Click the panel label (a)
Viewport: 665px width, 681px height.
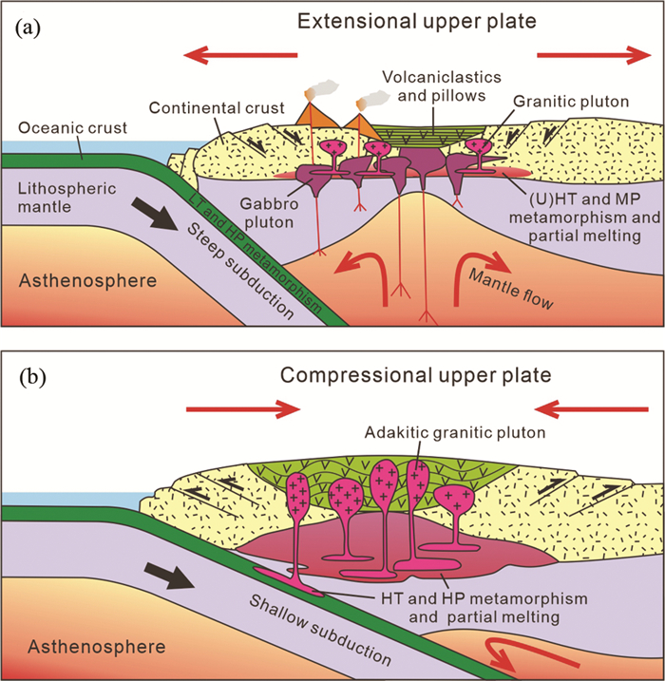[27, 28]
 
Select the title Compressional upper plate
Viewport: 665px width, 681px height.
[415, 375]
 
